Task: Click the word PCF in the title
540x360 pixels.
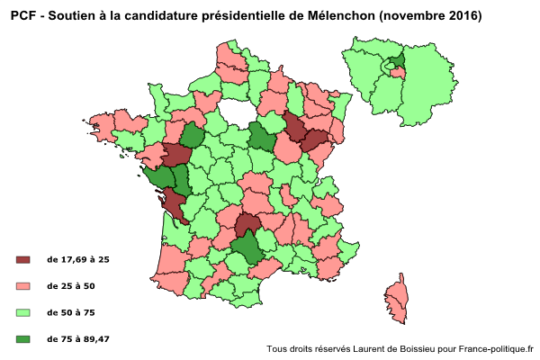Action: coord(23,15)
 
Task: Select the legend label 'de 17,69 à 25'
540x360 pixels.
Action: coord(78,259)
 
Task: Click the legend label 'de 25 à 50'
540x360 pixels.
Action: coord(71,286)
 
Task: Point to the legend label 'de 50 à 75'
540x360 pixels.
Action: coord(71,312)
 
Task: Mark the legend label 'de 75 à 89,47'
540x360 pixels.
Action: coord(78,339)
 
